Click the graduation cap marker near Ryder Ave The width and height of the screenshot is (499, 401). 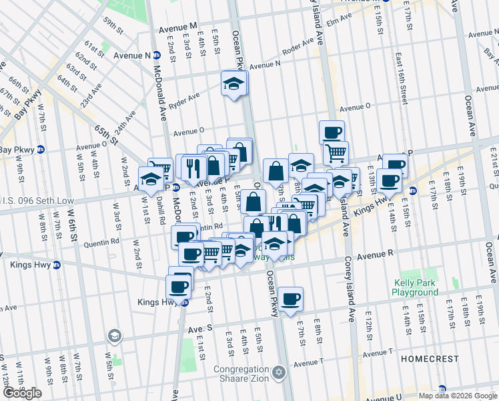tap(233, 84)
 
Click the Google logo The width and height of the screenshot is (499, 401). tap(22, 393)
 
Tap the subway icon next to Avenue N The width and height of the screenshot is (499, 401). tap(156, 55)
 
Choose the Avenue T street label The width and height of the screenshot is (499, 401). tap(308, 362)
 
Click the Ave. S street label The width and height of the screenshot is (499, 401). tap(199, 329)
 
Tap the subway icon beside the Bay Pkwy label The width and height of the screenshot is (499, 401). tap(40, 150)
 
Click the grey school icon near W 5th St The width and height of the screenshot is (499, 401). tap(115, 335)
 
